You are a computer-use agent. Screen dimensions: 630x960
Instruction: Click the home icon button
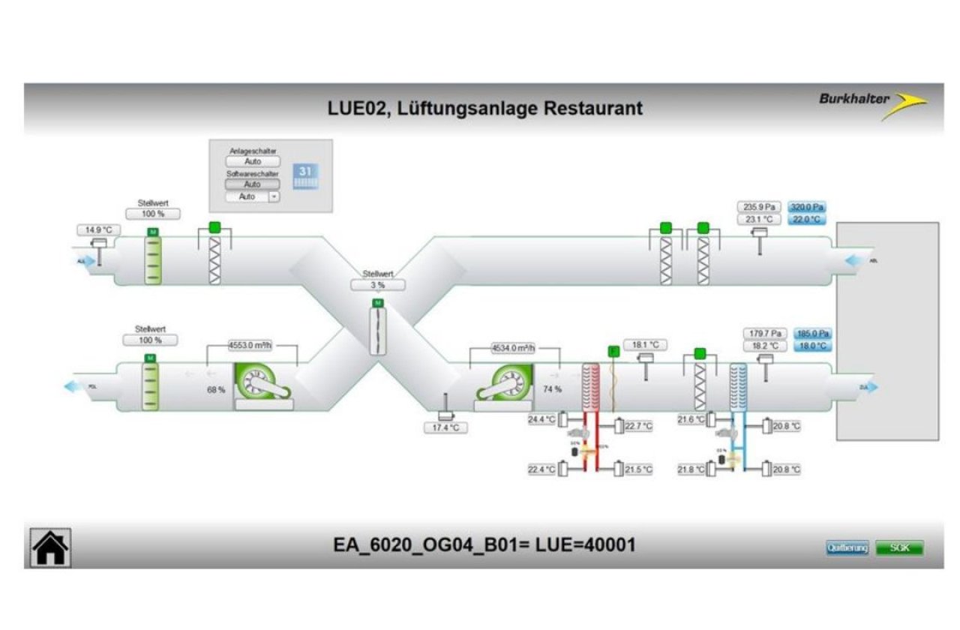(x=50, y=547)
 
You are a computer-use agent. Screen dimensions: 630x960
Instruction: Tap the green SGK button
(x=899, y=547)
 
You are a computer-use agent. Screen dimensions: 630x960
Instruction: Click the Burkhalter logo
(x=872, y=103)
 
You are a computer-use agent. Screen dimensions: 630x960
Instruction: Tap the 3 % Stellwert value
(x=377, y=286)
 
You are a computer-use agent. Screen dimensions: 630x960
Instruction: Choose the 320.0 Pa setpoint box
(x=808, y=207)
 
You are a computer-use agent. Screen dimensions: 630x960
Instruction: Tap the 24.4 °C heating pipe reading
(x=542, y=420)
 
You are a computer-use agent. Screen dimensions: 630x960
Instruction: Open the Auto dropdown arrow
(x=274, y=196)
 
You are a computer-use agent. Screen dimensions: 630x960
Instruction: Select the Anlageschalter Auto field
(x=253, y=161)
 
